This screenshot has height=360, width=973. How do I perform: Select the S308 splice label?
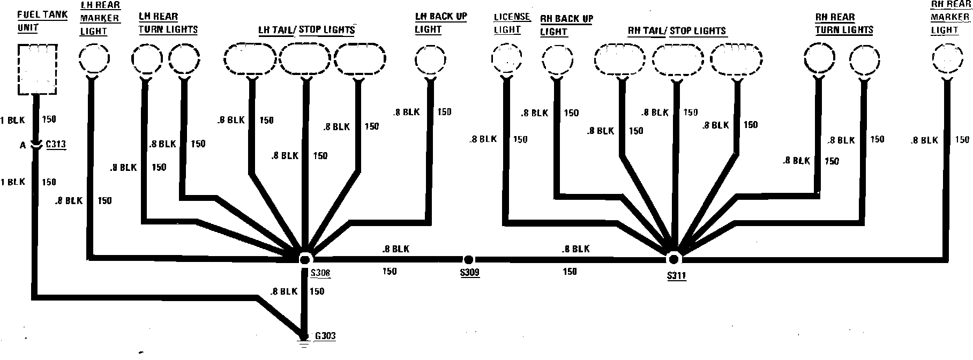[x=320, y=274]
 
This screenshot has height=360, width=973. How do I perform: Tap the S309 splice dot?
[x=468, y=260]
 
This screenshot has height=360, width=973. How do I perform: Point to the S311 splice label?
[x=677, y=276]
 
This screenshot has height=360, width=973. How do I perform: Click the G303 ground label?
[x=325, y=336]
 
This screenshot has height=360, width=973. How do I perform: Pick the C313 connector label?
[x=56, y=145]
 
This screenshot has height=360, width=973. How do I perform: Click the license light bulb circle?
[x=506, y=59]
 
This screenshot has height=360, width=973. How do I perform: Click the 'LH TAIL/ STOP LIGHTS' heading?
[x=307, y=30]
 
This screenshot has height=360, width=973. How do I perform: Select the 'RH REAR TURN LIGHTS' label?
[x=844, y=24]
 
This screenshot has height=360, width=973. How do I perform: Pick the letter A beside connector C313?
[x=23, y=145]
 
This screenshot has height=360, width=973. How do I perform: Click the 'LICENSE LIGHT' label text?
[x=511, y=24]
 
